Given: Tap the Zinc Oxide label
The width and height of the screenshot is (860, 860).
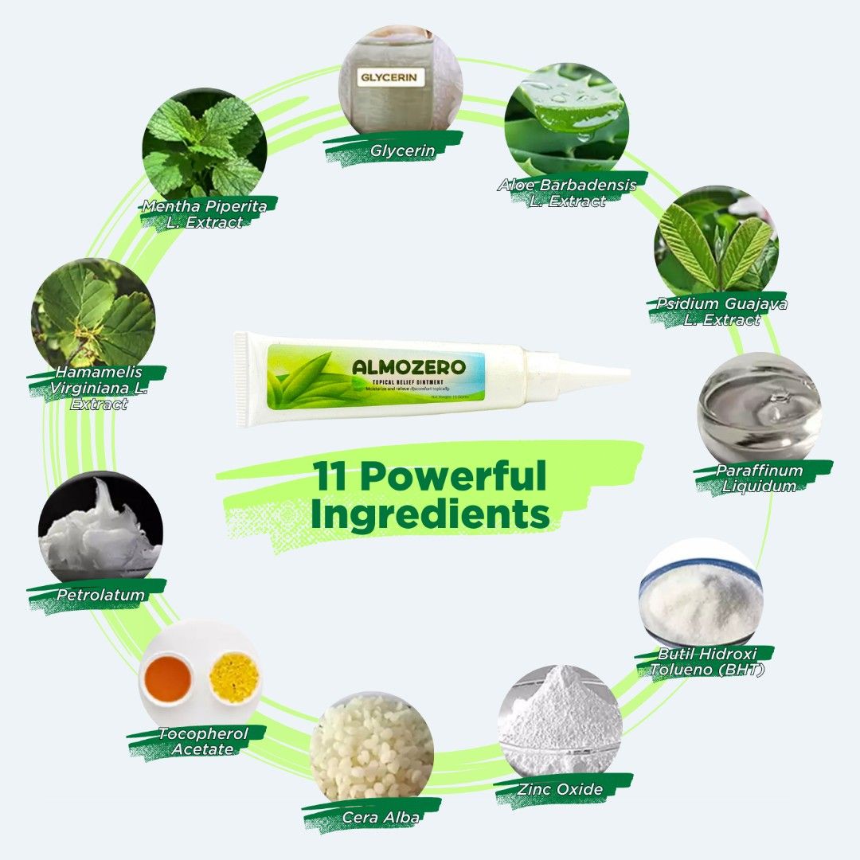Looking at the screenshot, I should (560, 789).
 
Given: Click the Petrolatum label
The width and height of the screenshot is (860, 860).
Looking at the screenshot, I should (100, 595).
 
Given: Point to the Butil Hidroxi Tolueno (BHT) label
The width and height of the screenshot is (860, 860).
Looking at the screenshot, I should (706, 661).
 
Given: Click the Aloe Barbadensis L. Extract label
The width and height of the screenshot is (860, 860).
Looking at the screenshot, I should (567, 193).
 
